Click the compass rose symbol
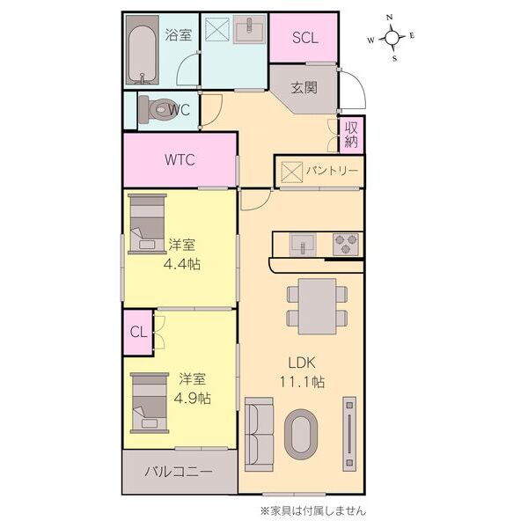(392, 37)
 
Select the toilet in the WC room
(159, 109)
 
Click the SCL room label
(304, 38)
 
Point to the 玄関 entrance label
(304, 88)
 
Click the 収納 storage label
(351, 134)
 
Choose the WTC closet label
(180, 160)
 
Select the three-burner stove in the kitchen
(346, 242)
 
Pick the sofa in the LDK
(259, 431)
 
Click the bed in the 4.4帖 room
(147, 224)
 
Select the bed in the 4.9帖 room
(149, 401)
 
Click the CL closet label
(138, 332)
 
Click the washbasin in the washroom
(250, 29)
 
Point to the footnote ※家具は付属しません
(312, 510)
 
